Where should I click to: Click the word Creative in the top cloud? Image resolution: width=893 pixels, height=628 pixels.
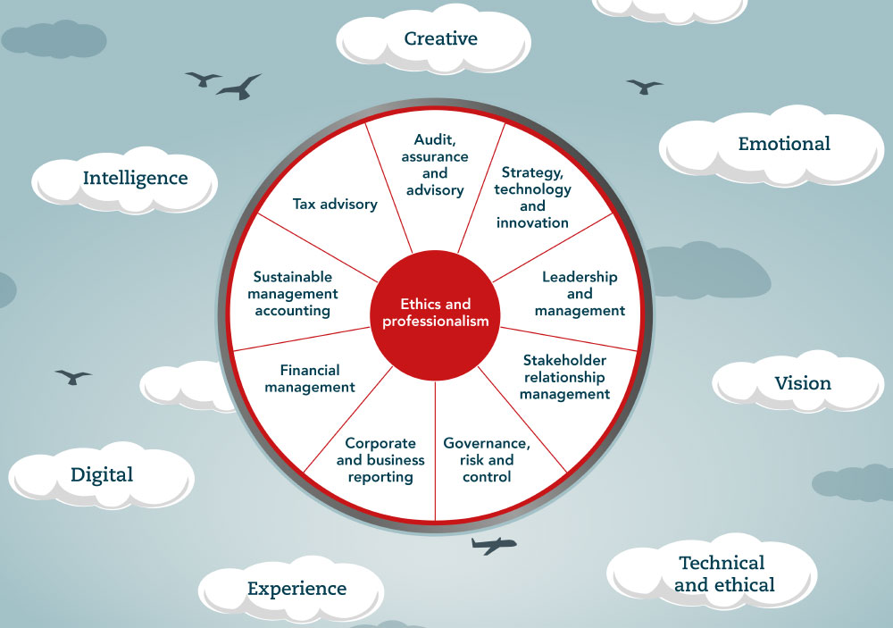(440, 38)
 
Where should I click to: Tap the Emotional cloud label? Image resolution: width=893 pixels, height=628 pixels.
(784, 144)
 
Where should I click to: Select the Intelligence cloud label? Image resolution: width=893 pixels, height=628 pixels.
(135, 178)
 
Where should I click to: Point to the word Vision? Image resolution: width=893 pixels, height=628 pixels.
(803, 383)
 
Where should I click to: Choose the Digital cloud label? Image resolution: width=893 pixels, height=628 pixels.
(102, 474)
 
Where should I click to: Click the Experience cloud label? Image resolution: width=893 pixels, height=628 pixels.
(296, 589)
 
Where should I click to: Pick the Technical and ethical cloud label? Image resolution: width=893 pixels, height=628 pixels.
(722, 574)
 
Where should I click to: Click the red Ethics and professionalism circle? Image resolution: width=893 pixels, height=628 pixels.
(435, 314)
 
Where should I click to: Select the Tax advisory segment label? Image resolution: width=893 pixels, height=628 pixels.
(335, 205)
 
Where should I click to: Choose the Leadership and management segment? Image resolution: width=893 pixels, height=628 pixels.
(580, 294)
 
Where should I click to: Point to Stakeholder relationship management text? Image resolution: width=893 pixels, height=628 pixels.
(564, 377)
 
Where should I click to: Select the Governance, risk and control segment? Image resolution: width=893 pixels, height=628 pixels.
(487, 460)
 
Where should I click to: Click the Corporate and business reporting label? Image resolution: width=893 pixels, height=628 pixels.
(380, 460)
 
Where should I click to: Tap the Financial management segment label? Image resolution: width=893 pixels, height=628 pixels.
(310, 379)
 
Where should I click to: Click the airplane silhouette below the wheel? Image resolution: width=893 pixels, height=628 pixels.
(493, 544)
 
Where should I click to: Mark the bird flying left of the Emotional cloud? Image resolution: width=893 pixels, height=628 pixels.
(644, 86)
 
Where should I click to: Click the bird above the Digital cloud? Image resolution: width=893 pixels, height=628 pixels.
(73, 376)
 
